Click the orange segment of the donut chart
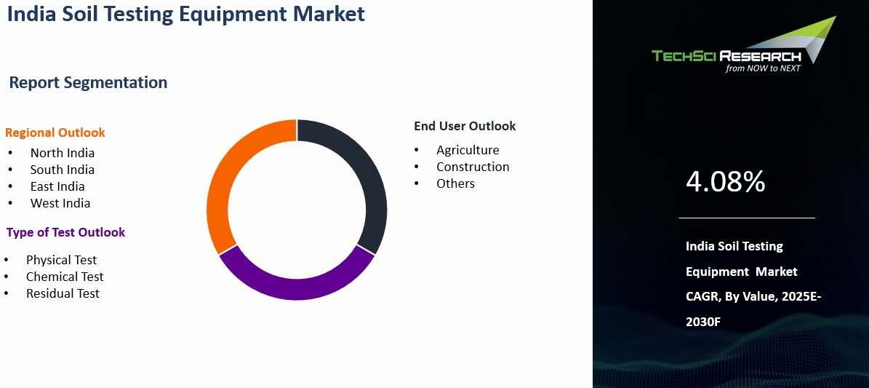tap(219, 183)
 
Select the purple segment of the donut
tap(297, 288)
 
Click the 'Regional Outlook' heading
tap(55, 132)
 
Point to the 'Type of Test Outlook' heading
tap(65, 232)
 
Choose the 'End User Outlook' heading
tap(465, 126)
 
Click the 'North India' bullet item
tap(62, 153)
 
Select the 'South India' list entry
tap(62, 170)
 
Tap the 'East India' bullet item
tap(57, 186)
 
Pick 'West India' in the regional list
tap(60, 202)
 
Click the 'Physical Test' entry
tap(61, 260)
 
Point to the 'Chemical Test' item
tap(64, 277)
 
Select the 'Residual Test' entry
tap(63, 293)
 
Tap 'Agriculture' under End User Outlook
tap(468, 151)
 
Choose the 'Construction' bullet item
tap(472, 167)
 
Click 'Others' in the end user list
tap(455, 183)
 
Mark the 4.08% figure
tap(726, 181)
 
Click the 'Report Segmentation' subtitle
tap(88, 82)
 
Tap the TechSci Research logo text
tap(726, 56)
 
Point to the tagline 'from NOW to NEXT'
tap(763, 68)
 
